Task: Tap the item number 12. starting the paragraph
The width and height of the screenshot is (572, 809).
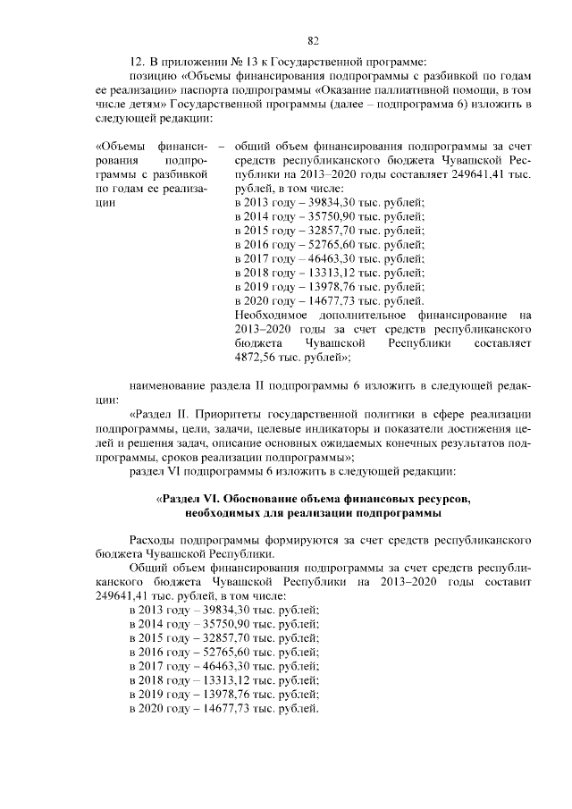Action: [x=138, y=62]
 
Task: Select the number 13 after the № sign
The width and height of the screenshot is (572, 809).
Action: [x=231, y=62]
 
